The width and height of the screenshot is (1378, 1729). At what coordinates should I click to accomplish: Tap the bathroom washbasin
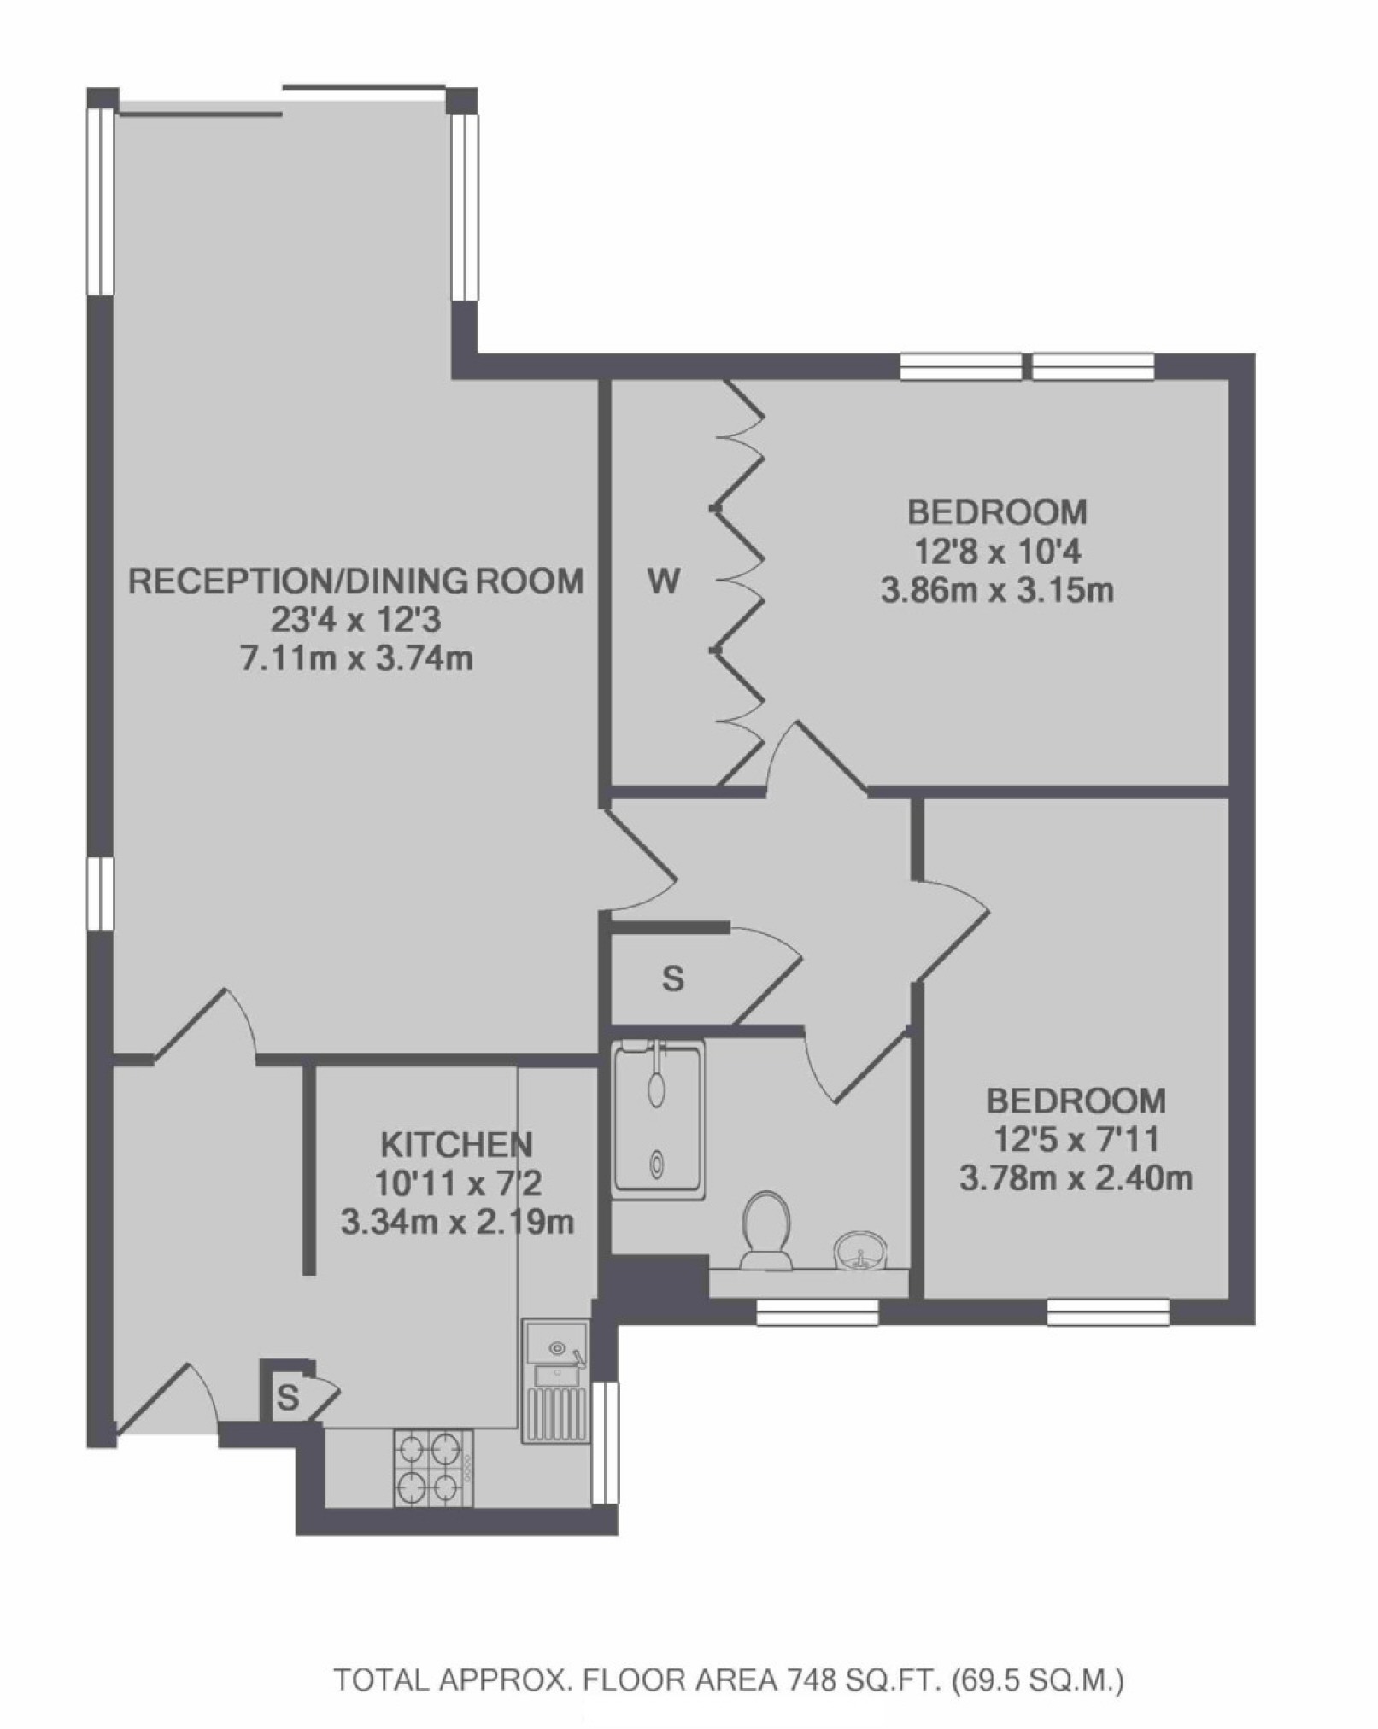click(x=858, y=1252)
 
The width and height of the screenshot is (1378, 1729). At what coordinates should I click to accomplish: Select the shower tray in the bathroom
click(x=658, y=1119)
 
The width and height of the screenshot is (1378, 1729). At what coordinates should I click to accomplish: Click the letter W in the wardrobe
click(x=665, y=582)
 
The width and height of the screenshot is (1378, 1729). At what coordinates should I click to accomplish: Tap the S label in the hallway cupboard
click(x=673, y=978)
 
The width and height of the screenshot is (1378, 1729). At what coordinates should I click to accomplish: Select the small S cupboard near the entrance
click(x=288, y=1399)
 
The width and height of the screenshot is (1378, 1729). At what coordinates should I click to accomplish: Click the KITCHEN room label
click(x=456, y=1144)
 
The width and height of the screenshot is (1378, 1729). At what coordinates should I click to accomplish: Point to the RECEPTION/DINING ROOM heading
click(x=355, y=581)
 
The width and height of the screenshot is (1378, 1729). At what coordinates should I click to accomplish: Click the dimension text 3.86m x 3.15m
click(x=997, y=591)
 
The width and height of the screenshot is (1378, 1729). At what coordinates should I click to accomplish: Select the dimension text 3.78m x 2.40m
click(x=1076, y=1179)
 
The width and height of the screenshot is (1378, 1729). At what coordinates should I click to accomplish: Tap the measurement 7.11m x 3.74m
click(x=356, y=659)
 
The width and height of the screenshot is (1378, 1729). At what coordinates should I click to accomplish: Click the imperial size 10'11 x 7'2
click(x=458, y=1183)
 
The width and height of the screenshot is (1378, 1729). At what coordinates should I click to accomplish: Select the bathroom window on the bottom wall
click(x=818, y=1313)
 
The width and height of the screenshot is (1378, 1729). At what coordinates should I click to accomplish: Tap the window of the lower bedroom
click(x=1108, y=1313)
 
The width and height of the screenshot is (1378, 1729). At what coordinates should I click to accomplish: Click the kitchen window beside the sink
click(x=605, y=1442)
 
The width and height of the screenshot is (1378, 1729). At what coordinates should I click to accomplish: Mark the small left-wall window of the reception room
click(x=101, y=893)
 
